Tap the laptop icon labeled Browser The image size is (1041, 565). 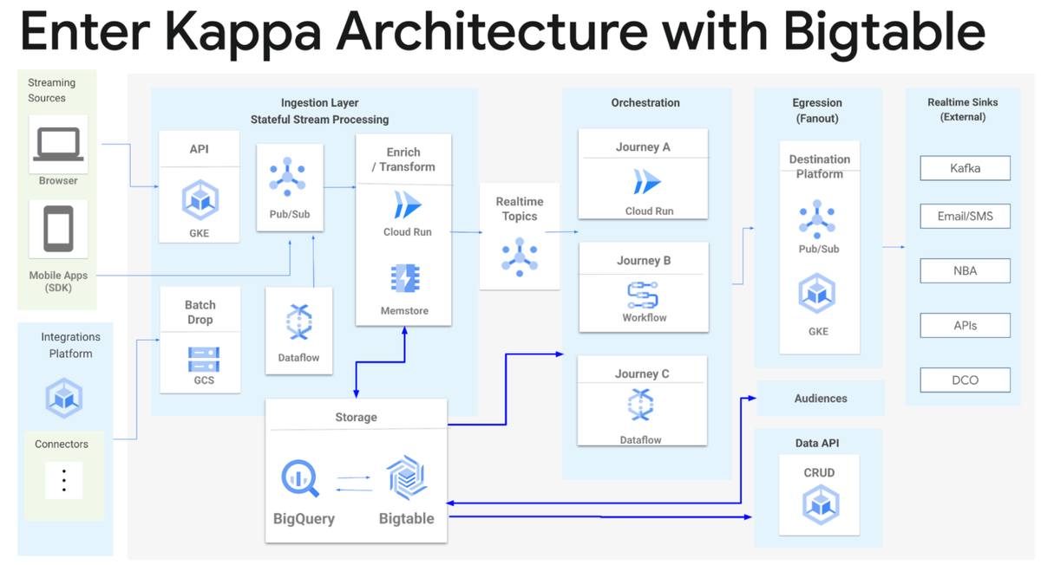[x=58, y=144]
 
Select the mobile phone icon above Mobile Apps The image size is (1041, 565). [x=58, y=229]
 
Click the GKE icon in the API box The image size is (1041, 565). [x=200, y=200]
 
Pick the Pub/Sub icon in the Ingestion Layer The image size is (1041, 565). [x=287, y=178]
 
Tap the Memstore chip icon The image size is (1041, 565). [x=404, y=279]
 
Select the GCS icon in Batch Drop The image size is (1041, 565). [x=204, y=359]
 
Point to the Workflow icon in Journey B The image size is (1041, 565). [x=643, y=295]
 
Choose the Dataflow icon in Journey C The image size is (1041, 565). [x=641, y=406]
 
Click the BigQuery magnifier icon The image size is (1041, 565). [x=300, y=478]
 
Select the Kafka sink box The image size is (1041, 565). [x=965, y=168]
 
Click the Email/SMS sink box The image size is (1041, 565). [x=965, y=217]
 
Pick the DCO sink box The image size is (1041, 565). [x=965, y=380]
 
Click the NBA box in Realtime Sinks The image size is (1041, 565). [x=965, y=270]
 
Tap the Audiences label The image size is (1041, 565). [x=820, y=399]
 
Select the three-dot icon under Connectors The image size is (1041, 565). [x=63, y=480]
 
